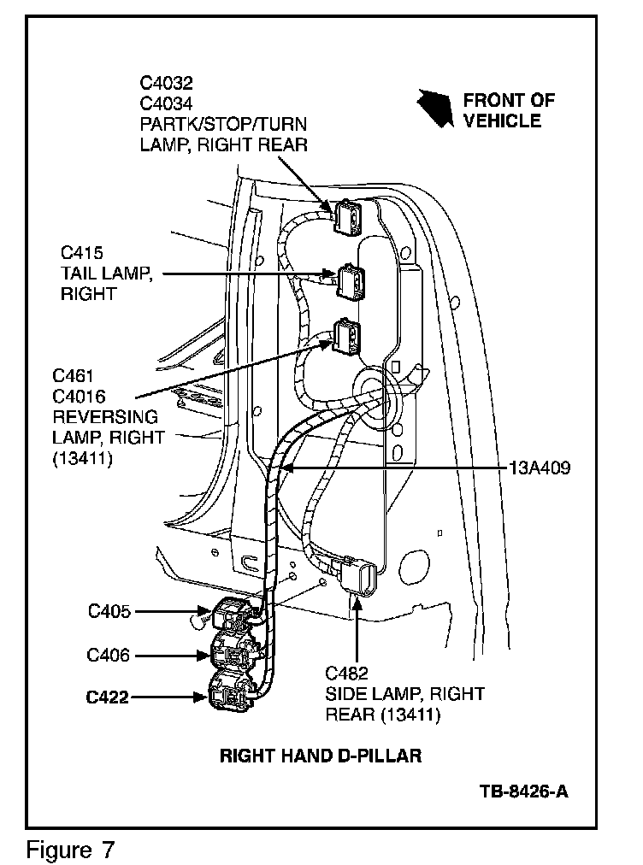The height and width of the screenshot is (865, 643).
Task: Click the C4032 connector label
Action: click(x=167, y=83)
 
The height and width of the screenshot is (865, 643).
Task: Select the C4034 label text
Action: click(x=167, y=103)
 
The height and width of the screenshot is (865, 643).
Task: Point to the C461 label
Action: click(x=73, y=376)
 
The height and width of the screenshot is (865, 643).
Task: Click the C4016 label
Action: click(x=80, y=397)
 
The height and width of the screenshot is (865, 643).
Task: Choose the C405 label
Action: click(x=109, y=611)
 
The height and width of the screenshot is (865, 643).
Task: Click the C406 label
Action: click(x=109, y=656)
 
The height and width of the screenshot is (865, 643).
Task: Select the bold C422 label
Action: click(x=108, y=697)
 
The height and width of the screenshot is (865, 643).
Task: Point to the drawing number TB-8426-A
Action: click(x=523, y=790)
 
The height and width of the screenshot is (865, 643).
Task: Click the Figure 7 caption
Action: click(x=71, y=850)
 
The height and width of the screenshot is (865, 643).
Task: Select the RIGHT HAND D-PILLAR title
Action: click(x=321, y=756)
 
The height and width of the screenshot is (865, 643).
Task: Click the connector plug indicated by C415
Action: click(x=351, y=281)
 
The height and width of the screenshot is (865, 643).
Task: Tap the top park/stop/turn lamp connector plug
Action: click(x=349, y=216)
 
